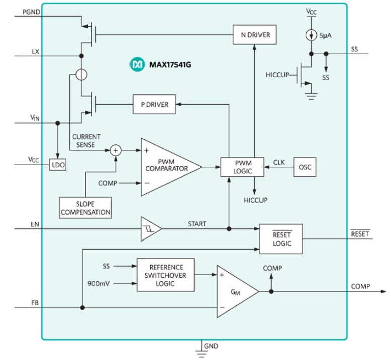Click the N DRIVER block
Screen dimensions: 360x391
click(x=255, y=35)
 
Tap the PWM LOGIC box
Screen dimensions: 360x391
click(x=242, y=167)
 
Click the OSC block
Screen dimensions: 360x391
click(x=305, y=167)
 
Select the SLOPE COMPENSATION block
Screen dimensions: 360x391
click(x=85, y=208)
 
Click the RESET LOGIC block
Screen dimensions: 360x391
click(x=281, y=239)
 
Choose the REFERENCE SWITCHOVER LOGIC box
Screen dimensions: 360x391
click(x=166, y=275)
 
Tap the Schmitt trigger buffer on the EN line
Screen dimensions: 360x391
click(x=151, y=229)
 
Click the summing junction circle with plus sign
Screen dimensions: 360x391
click(x=116, y=150)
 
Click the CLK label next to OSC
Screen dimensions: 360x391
click(x=279, y=162)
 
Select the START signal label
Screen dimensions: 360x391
click(x=196, y=224)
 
